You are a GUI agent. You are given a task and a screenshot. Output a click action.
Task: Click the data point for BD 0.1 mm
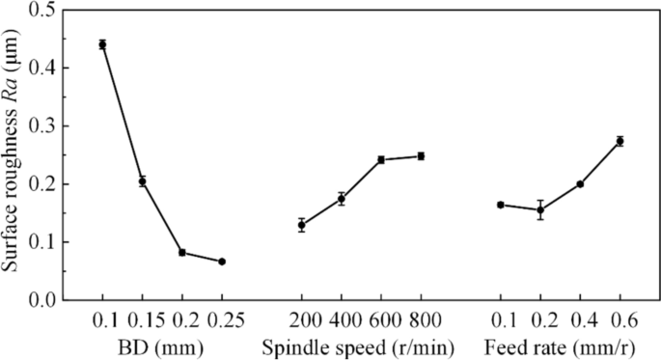point(102,44)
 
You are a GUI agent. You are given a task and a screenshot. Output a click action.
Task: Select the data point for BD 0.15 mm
point(142,181)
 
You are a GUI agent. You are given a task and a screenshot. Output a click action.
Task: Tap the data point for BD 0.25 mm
point(222,262)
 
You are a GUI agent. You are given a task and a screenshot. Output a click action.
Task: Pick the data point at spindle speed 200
point(302,225)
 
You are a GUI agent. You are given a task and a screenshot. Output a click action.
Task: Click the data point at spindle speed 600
point(381,159)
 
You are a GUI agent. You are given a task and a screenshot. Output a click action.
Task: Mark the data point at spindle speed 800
point(421,155)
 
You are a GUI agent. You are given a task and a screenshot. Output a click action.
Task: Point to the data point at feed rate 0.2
point(540,209)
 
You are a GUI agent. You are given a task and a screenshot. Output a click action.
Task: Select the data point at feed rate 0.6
point(620,141)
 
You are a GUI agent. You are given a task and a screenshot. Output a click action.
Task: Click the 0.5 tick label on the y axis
point(40,11)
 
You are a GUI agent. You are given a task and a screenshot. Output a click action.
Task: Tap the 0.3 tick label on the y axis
point(40,126)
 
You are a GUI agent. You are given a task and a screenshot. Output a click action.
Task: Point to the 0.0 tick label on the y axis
point(40,300)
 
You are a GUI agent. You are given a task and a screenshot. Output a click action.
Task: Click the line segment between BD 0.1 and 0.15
point(122,113)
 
